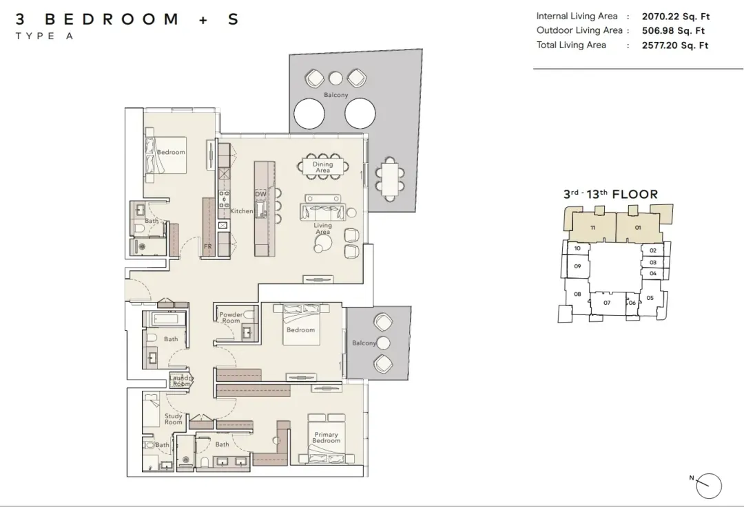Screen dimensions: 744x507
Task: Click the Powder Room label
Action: pos(231,317)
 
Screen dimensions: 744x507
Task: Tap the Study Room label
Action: pos(173,419)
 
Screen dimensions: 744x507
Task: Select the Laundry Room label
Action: pos(181,381)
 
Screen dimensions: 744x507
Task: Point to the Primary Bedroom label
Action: pos(326,438)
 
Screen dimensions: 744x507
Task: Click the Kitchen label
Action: pos(242,211)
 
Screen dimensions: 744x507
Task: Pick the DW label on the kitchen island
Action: pos(260,194)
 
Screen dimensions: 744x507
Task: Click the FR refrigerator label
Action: pos(208,246)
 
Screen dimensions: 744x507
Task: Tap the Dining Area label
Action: pos(322,166)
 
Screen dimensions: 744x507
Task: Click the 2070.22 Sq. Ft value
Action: pos(676,17)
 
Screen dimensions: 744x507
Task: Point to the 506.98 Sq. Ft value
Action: pos(673,31)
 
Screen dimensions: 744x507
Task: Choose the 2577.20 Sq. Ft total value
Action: pos(675,45)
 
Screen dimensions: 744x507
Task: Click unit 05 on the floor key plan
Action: pos(650,298)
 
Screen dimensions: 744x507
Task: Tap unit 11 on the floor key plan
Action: pos(592,228)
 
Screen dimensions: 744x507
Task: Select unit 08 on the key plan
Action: pos(577,294)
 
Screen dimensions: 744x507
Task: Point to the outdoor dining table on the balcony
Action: pos(391,179)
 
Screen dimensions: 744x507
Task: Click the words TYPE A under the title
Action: pos(44,36)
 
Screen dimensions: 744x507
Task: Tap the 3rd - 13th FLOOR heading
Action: pos(610,194)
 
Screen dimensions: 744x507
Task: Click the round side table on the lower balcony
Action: pos(383,343)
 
